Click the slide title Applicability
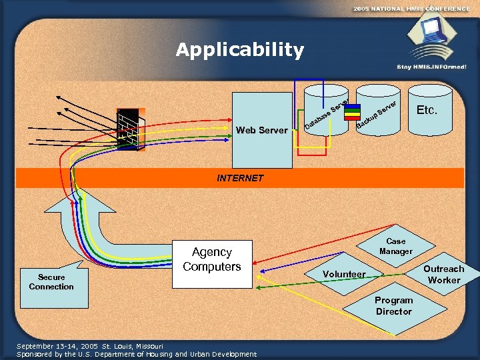point(240,50)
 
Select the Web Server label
point(262,130)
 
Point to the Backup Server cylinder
point(377,111)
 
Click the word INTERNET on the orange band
point(240,178)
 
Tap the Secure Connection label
point(51,282)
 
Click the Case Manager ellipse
point(396,247)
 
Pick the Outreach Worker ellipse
point(443,274)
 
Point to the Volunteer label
point(344,274)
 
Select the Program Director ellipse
point(393,305)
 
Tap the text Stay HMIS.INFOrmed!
point(431,67)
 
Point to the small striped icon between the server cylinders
point(349,111)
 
